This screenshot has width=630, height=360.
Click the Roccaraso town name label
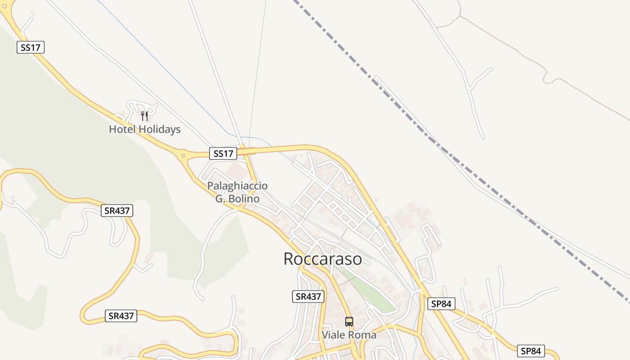pos(323,259)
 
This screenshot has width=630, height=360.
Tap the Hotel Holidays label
pos(144,130)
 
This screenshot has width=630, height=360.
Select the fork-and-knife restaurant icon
pos(144,116)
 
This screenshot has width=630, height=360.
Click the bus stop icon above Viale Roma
pos(349,321)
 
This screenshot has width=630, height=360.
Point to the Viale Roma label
pos(349,335)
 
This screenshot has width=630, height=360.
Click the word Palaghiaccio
pos(237,185)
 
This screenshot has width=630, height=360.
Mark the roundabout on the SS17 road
pos(183,156)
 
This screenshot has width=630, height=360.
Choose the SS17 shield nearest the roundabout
pos(223,154)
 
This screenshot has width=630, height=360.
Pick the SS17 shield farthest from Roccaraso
pos(31,47)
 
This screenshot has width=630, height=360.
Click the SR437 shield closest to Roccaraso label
pos(308,297)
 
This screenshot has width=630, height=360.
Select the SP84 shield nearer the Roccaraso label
pos(441,304)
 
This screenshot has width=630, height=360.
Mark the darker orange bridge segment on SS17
pos(247,151)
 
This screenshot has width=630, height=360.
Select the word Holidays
pos(160,130)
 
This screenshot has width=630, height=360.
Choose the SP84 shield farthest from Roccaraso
pos(531,351)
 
